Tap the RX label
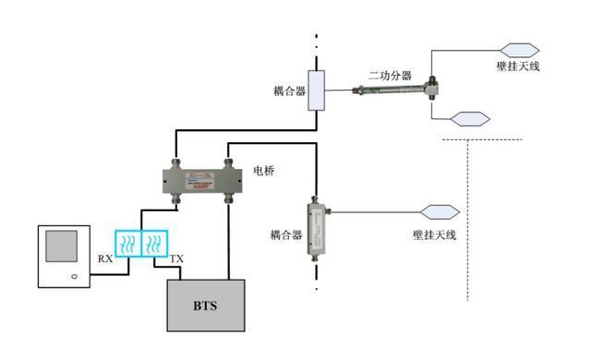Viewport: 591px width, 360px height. pos(105,259)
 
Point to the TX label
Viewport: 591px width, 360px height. pos(175,259)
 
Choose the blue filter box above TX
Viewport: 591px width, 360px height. pos(155,243)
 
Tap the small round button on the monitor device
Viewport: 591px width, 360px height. pos(72,276)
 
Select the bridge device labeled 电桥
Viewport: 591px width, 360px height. pos(202,174)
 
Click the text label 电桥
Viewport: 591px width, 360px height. pos(264,172)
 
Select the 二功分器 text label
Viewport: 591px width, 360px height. pos(390,76)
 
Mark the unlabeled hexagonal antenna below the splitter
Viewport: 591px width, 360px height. pos(469,117)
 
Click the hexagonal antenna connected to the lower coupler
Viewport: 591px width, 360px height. pos(440,212)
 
